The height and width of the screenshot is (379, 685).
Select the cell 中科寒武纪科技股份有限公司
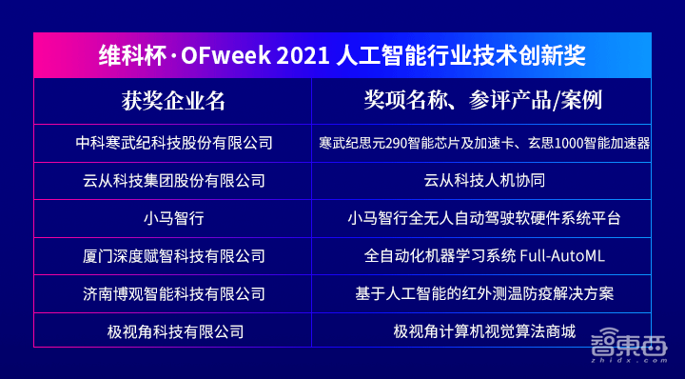pos(173,143)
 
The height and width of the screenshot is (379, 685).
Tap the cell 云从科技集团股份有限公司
pos(173,180)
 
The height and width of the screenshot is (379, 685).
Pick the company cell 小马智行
pos(173,218)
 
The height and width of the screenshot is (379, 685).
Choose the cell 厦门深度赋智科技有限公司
pos(173,256)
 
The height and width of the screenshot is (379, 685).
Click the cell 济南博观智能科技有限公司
pos(173,294)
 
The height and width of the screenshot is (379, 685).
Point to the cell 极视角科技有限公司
pos(173,332)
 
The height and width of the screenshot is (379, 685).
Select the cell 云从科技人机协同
pos(484,180)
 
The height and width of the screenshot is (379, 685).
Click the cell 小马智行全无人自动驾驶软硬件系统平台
pos(484,218)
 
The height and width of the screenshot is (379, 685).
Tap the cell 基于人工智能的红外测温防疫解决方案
pos(484,294)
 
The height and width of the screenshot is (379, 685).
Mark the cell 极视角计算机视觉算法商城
pos(484,332)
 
